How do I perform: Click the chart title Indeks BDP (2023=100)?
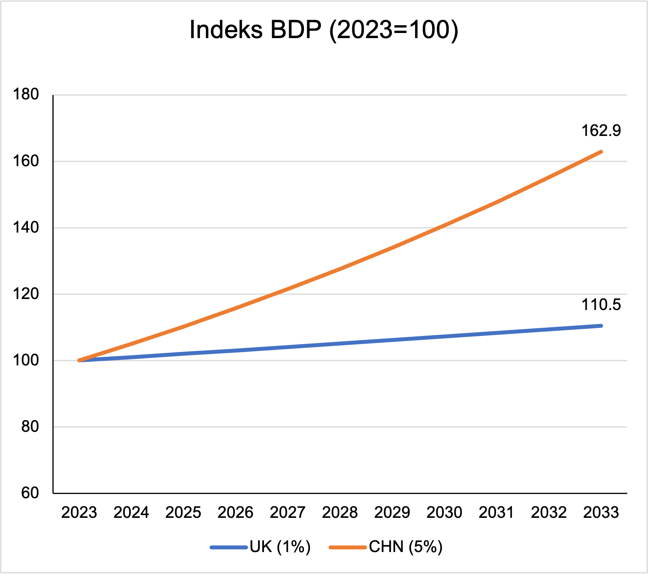click(324, 30)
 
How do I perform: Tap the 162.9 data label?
click(601, 131)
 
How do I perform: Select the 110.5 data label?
click(601, 305)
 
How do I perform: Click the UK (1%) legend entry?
click(280, 547)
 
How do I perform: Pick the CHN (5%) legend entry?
click(405, 547)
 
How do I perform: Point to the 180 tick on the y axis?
click(26, 95)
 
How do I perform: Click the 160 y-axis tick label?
click(26, 161)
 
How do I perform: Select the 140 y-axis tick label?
click(26, 227)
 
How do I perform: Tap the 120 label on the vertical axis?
click(26, 294)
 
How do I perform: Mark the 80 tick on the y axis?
click(30, 427)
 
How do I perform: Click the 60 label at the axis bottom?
click(30, 493)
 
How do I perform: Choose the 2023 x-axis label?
click(79, 512)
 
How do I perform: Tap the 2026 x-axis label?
click(235, 512)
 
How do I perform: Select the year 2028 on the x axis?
click(340, 512)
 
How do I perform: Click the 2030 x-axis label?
click(444, 512)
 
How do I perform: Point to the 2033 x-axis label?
click(601, 512)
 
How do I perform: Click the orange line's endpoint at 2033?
click(601, 152)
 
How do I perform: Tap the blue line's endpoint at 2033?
click(601, 326)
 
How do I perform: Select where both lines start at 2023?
click(80, 360)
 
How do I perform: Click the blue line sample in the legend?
click(229, 547)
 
